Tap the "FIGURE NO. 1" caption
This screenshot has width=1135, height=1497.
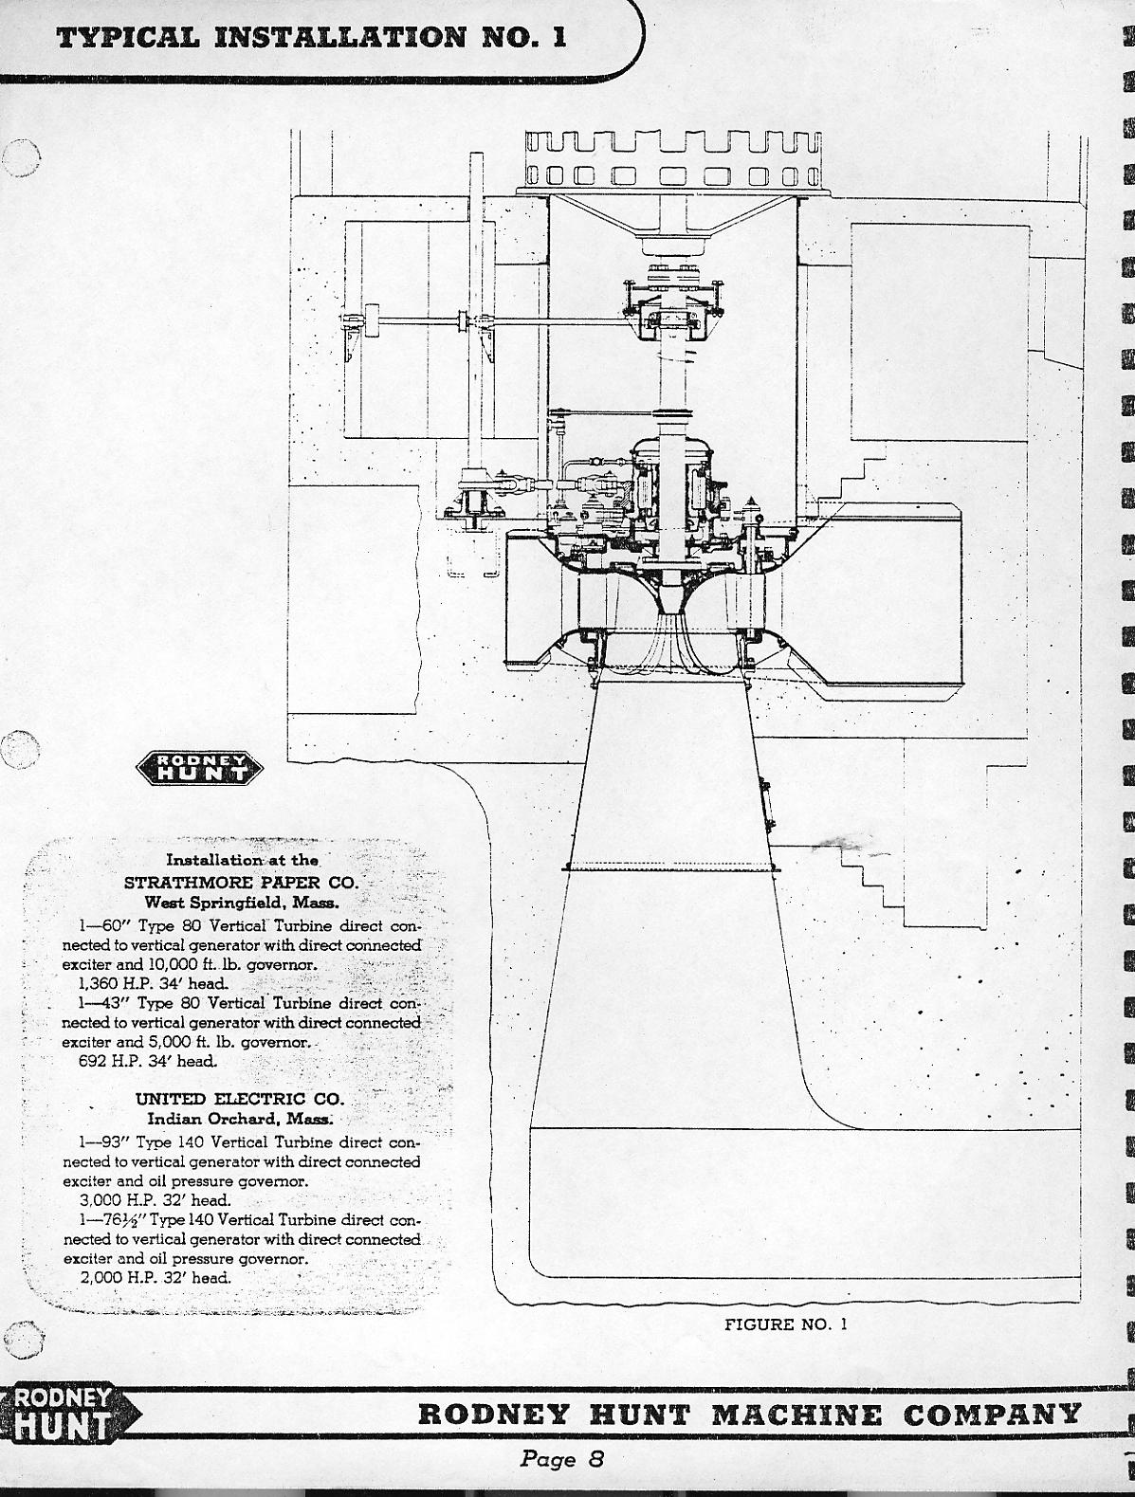[x=785, y=1324]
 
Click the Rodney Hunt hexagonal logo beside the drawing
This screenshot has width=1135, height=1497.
[x=200, y=769]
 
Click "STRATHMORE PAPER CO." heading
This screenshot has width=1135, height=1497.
[x=241, y=882]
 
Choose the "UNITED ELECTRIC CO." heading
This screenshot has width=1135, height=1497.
[x=240, y=1099]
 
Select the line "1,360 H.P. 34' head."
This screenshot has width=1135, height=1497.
[x=155, y=983]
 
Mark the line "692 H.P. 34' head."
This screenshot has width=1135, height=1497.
[x=148, y=1061]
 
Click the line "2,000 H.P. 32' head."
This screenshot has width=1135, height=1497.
[x=156, y=1277]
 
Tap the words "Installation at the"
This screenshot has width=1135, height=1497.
[x=243, y=861]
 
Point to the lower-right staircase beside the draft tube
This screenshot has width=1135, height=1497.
[x=873, y=885]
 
